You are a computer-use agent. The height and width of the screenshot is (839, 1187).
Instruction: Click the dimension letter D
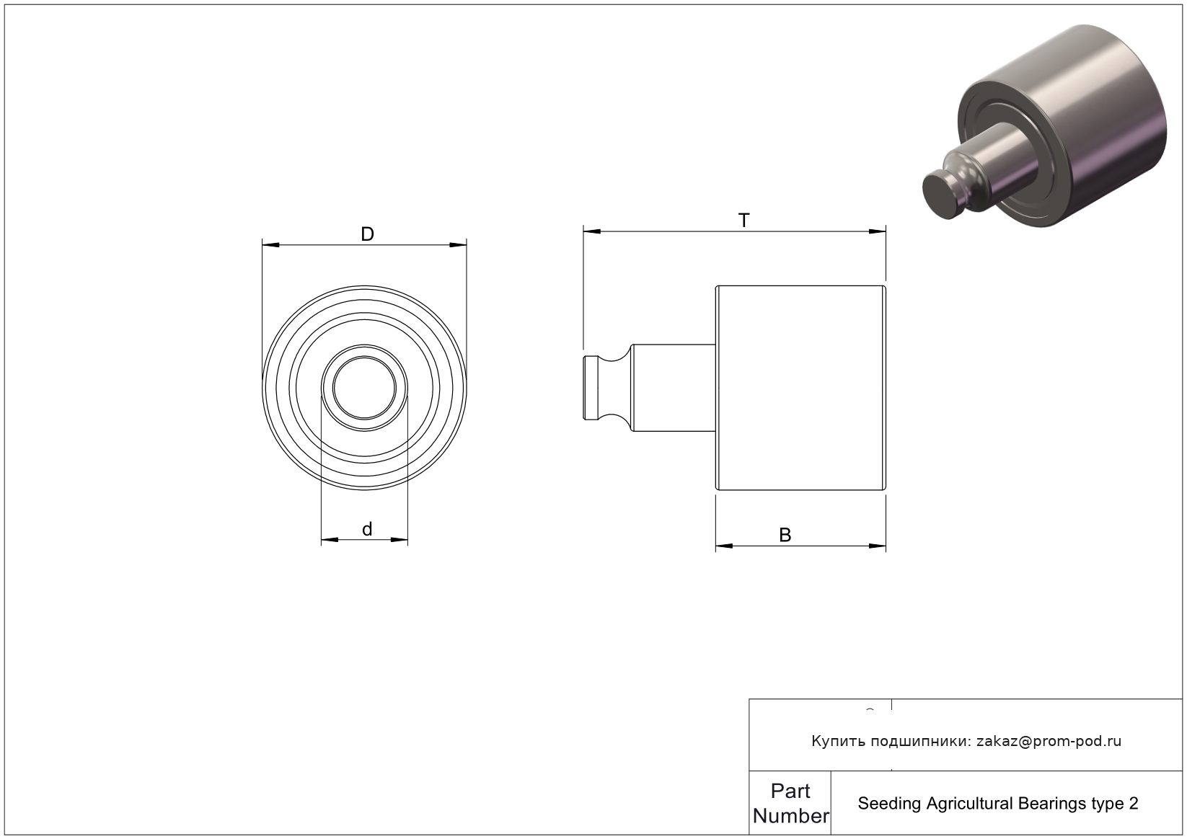click(367, 234)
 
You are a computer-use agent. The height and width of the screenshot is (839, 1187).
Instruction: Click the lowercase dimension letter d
click(367, 528)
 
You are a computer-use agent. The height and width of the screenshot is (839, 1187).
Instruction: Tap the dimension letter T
click(744, 221)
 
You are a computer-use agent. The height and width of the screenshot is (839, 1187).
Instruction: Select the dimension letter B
click(785, 535)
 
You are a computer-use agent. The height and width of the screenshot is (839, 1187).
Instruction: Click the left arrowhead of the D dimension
click(270, 245)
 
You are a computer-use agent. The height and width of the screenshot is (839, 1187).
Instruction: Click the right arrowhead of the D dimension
click(458, 245)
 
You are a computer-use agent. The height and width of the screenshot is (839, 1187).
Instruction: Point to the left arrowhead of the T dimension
click(592, 231)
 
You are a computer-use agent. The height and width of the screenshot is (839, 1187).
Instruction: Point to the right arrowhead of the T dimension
click(878, 231)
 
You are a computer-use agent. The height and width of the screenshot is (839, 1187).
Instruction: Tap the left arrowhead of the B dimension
click(725, 546)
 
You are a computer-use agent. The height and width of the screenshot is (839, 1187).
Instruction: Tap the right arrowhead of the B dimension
click(878, 546)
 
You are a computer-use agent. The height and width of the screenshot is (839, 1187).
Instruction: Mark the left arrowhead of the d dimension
click(330, 540)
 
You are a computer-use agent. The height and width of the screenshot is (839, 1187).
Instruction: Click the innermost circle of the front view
click(364, 357)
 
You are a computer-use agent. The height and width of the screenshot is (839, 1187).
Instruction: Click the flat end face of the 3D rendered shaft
click(943, 194)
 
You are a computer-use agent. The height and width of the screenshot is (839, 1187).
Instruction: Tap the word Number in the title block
click(790, 816)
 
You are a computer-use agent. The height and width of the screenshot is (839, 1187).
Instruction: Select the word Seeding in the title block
click(890, 804)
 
